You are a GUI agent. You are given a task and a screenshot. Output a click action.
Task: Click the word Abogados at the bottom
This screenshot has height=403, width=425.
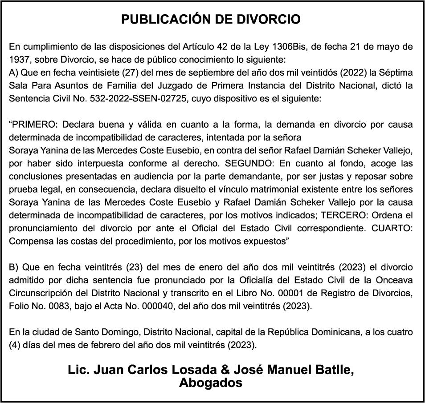tap(211, 382)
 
